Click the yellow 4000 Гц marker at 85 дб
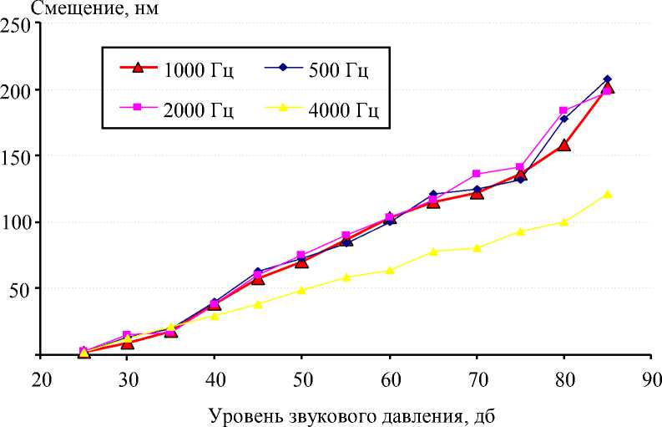[x=607, y=194]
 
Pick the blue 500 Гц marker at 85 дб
[x=607, y=79]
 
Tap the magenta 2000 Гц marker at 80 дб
[x=563, y=110]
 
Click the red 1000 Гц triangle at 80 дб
[x=563, y=145]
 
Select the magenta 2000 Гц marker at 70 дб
[x=477, y=174]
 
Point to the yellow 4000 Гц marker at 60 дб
[x=389, y=270]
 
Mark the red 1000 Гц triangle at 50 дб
[x=301, y=262]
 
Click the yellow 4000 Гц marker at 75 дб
[x=520, y=231]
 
